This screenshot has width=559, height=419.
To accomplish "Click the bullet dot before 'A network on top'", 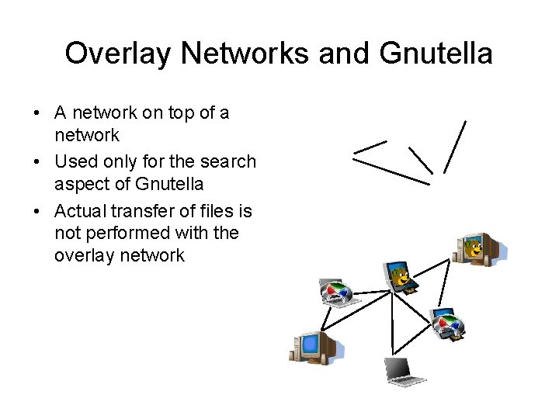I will pyautogui.click(x=37, y=113).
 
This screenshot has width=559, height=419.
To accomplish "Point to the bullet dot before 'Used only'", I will pyautogui.click(x=37, y=162).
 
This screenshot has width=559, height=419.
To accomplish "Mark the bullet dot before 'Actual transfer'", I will pyautogui.click(x=37, y=211).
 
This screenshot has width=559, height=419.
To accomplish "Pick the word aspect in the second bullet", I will pyautogui.click(x=81, y=184).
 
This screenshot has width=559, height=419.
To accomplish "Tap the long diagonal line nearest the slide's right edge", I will pyautogui.click(x=455, y=146).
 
